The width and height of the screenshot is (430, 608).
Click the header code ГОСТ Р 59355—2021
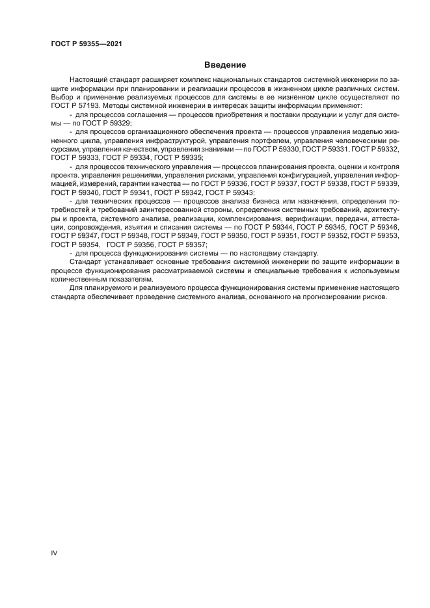pos(87,44)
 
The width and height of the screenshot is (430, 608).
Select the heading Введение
pos(224,65)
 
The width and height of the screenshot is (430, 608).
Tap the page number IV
pos(54,553)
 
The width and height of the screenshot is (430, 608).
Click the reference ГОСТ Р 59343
pos(230,192)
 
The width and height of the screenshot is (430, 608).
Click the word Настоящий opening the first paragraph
pos(88,79)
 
